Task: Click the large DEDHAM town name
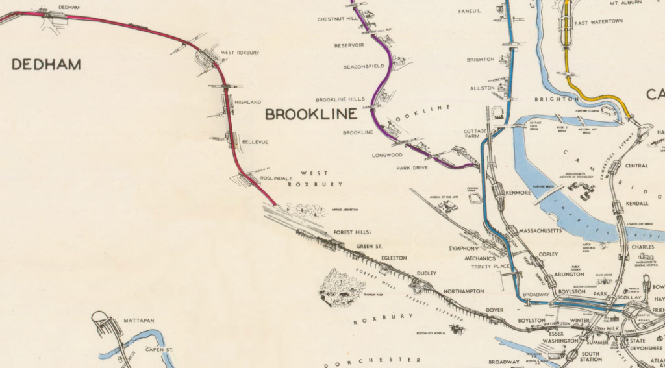click(46, 64)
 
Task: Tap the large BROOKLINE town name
click(311, 114)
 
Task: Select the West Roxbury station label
click(236, 53)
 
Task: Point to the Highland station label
click(247, 102)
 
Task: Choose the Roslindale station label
click(277, 177)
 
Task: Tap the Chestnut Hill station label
click(337, 19)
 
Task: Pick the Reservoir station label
click(349, 45)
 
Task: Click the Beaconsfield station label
click(364, 66)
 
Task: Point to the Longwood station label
click(388, 155)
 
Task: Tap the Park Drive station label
click(413, 167)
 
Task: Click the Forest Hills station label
click(351, 232)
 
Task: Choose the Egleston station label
click(394, 258)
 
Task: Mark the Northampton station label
click(463, 291)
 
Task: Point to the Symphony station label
click(464, 249)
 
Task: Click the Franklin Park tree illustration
click(341, 288)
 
